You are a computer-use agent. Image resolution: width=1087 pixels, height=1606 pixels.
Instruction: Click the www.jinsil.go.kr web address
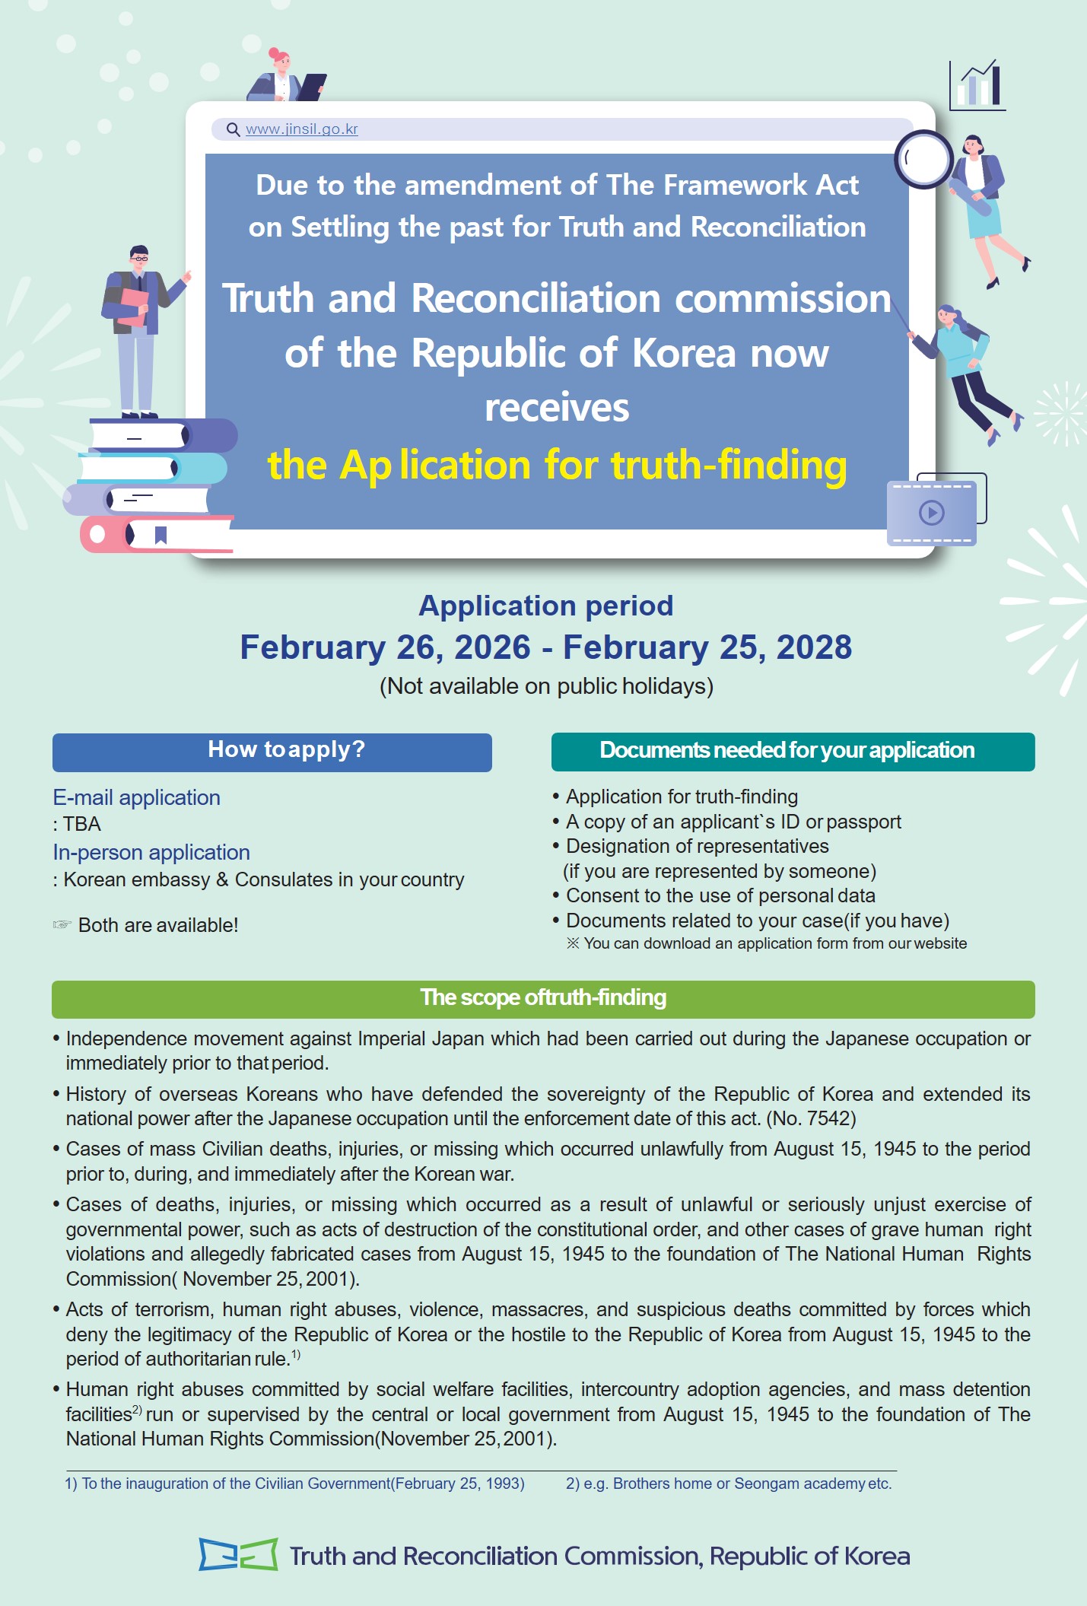click(302, 129)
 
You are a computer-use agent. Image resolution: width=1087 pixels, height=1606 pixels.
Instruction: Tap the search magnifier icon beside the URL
click(234, 129)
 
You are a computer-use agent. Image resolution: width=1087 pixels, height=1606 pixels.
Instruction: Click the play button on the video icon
click(931, 512)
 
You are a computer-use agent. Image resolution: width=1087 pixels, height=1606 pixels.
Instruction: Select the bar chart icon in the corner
click(978, 85)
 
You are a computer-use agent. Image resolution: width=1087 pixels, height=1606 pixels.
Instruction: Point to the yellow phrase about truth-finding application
click(557, 465)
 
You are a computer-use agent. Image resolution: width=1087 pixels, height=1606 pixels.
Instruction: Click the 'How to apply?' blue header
click(272, 752)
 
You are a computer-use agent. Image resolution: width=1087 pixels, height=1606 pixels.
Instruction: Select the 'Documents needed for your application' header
click(792, 752)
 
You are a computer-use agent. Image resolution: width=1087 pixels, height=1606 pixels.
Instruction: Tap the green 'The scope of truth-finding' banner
click(543, 999)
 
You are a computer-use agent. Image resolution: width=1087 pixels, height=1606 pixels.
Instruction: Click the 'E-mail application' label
click(137, 797)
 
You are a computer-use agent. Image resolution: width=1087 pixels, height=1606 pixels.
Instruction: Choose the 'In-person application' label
click(151, 852)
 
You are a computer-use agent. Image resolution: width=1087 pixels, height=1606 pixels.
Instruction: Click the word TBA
click(82, 824)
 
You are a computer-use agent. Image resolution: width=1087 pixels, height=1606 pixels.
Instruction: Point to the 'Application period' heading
click(545, 606)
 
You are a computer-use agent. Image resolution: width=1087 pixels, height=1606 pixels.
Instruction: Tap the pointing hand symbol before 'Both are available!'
click(62, 925)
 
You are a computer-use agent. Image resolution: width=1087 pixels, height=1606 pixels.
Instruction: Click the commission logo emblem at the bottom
click(238, 1554)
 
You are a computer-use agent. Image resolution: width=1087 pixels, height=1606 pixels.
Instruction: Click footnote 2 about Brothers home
click(728, 1484)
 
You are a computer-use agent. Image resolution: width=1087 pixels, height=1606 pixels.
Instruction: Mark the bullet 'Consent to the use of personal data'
click(720, 895)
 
